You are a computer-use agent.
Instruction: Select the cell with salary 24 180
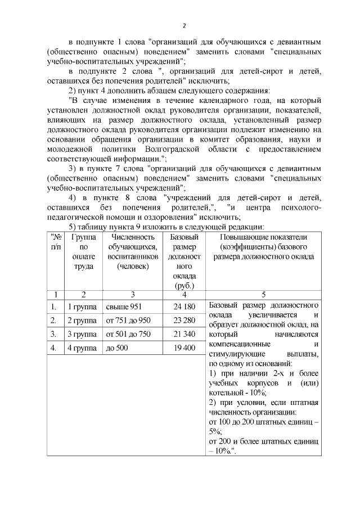tap(184, 307)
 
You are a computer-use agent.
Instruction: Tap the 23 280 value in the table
tap(184, 321)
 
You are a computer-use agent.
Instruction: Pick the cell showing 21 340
tap(184, 334)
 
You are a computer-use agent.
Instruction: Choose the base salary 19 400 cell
tap(184, 348)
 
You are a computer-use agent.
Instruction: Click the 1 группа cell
tap(82, 307)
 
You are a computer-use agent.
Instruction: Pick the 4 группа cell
tap(82, 348)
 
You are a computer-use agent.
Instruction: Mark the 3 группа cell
tap(82, 334)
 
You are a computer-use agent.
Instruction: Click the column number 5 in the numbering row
tap(264, 294)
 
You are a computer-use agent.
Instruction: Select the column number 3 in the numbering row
tap(132, 294)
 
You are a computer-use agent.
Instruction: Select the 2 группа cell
tap(82, 321)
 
